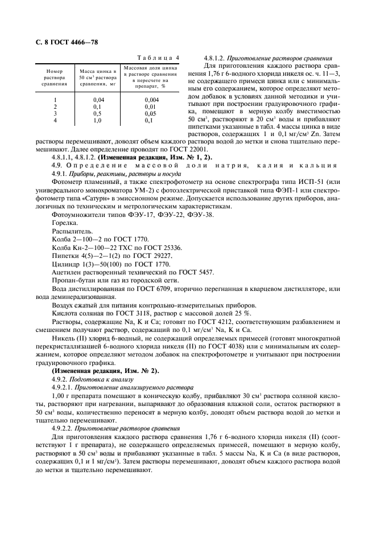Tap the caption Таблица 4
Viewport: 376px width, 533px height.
tap(159, 58)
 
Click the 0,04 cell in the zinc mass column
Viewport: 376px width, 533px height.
tap(98, 100)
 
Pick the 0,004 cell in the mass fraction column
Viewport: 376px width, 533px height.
tap(151, 100)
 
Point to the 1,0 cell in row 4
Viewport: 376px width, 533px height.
tap(98, 120)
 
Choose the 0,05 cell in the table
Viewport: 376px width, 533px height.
tap(151, 113)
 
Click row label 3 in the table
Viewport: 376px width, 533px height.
tap(55, 113)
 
